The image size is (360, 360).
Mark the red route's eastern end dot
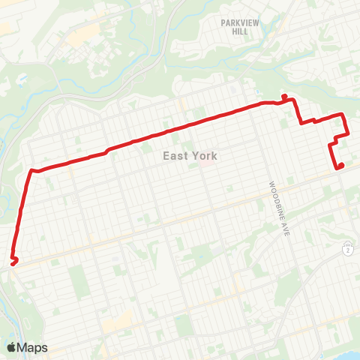[x=340, y=166]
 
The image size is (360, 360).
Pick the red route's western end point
[x=12, y=262]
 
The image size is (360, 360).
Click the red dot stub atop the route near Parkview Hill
[x=284, y=96]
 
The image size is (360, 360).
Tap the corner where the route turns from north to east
[x=32, y=171]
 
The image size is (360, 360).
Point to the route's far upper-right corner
[x=343, y=115]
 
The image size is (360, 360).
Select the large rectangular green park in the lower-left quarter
[x=79, y=282]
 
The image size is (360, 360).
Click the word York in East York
[x=203, y=156]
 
